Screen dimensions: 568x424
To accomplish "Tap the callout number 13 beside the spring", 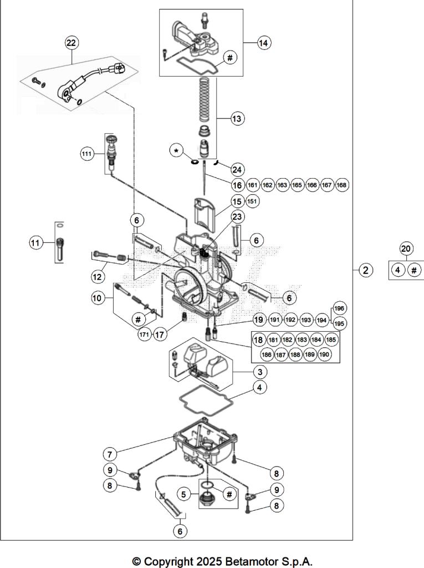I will coord(237,118).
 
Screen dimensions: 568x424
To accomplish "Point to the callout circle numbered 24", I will coord(237,169).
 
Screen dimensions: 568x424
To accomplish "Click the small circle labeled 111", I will coord(86,155).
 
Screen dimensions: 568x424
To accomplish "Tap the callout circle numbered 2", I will coord(365,270).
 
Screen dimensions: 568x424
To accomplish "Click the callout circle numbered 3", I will coord(259,371).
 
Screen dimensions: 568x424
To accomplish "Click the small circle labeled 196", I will coord(339,308).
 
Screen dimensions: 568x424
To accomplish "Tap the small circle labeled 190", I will coord(324,354).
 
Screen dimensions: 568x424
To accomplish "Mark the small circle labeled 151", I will coord(252,201).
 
